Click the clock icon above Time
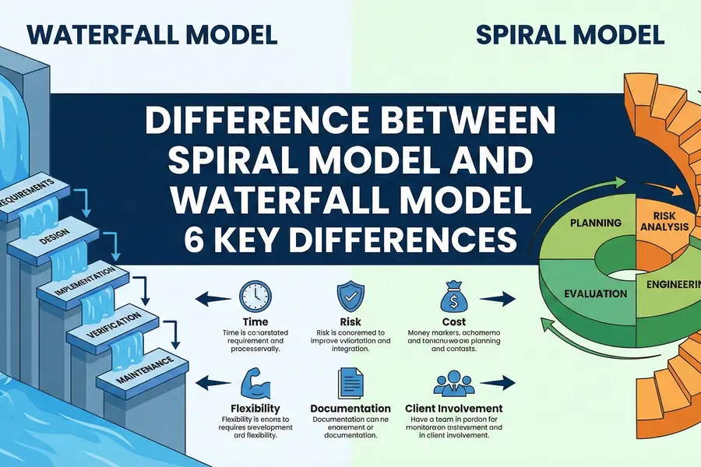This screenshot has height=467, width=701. point(255,297)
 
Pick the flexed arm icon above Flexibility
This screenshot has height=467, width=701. point(255,382)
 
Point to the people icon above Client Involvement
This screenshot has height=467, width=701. point(453,383)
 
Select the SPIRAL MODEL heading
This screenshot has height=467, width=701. point(569,35)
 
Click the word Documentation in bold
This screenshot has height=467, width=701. point(350,409)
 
